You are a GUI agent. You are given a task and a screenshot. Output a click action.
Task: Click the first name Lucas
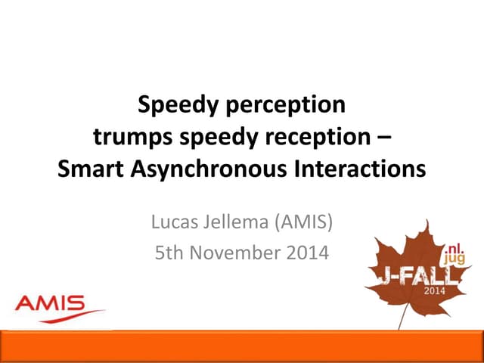[175, 223]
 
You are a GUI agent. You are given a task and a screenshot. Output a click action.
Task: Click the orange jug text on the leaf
[455, 259]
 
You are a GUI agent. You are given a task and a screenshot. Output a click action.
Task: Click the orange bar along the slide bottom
[242, 346]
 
